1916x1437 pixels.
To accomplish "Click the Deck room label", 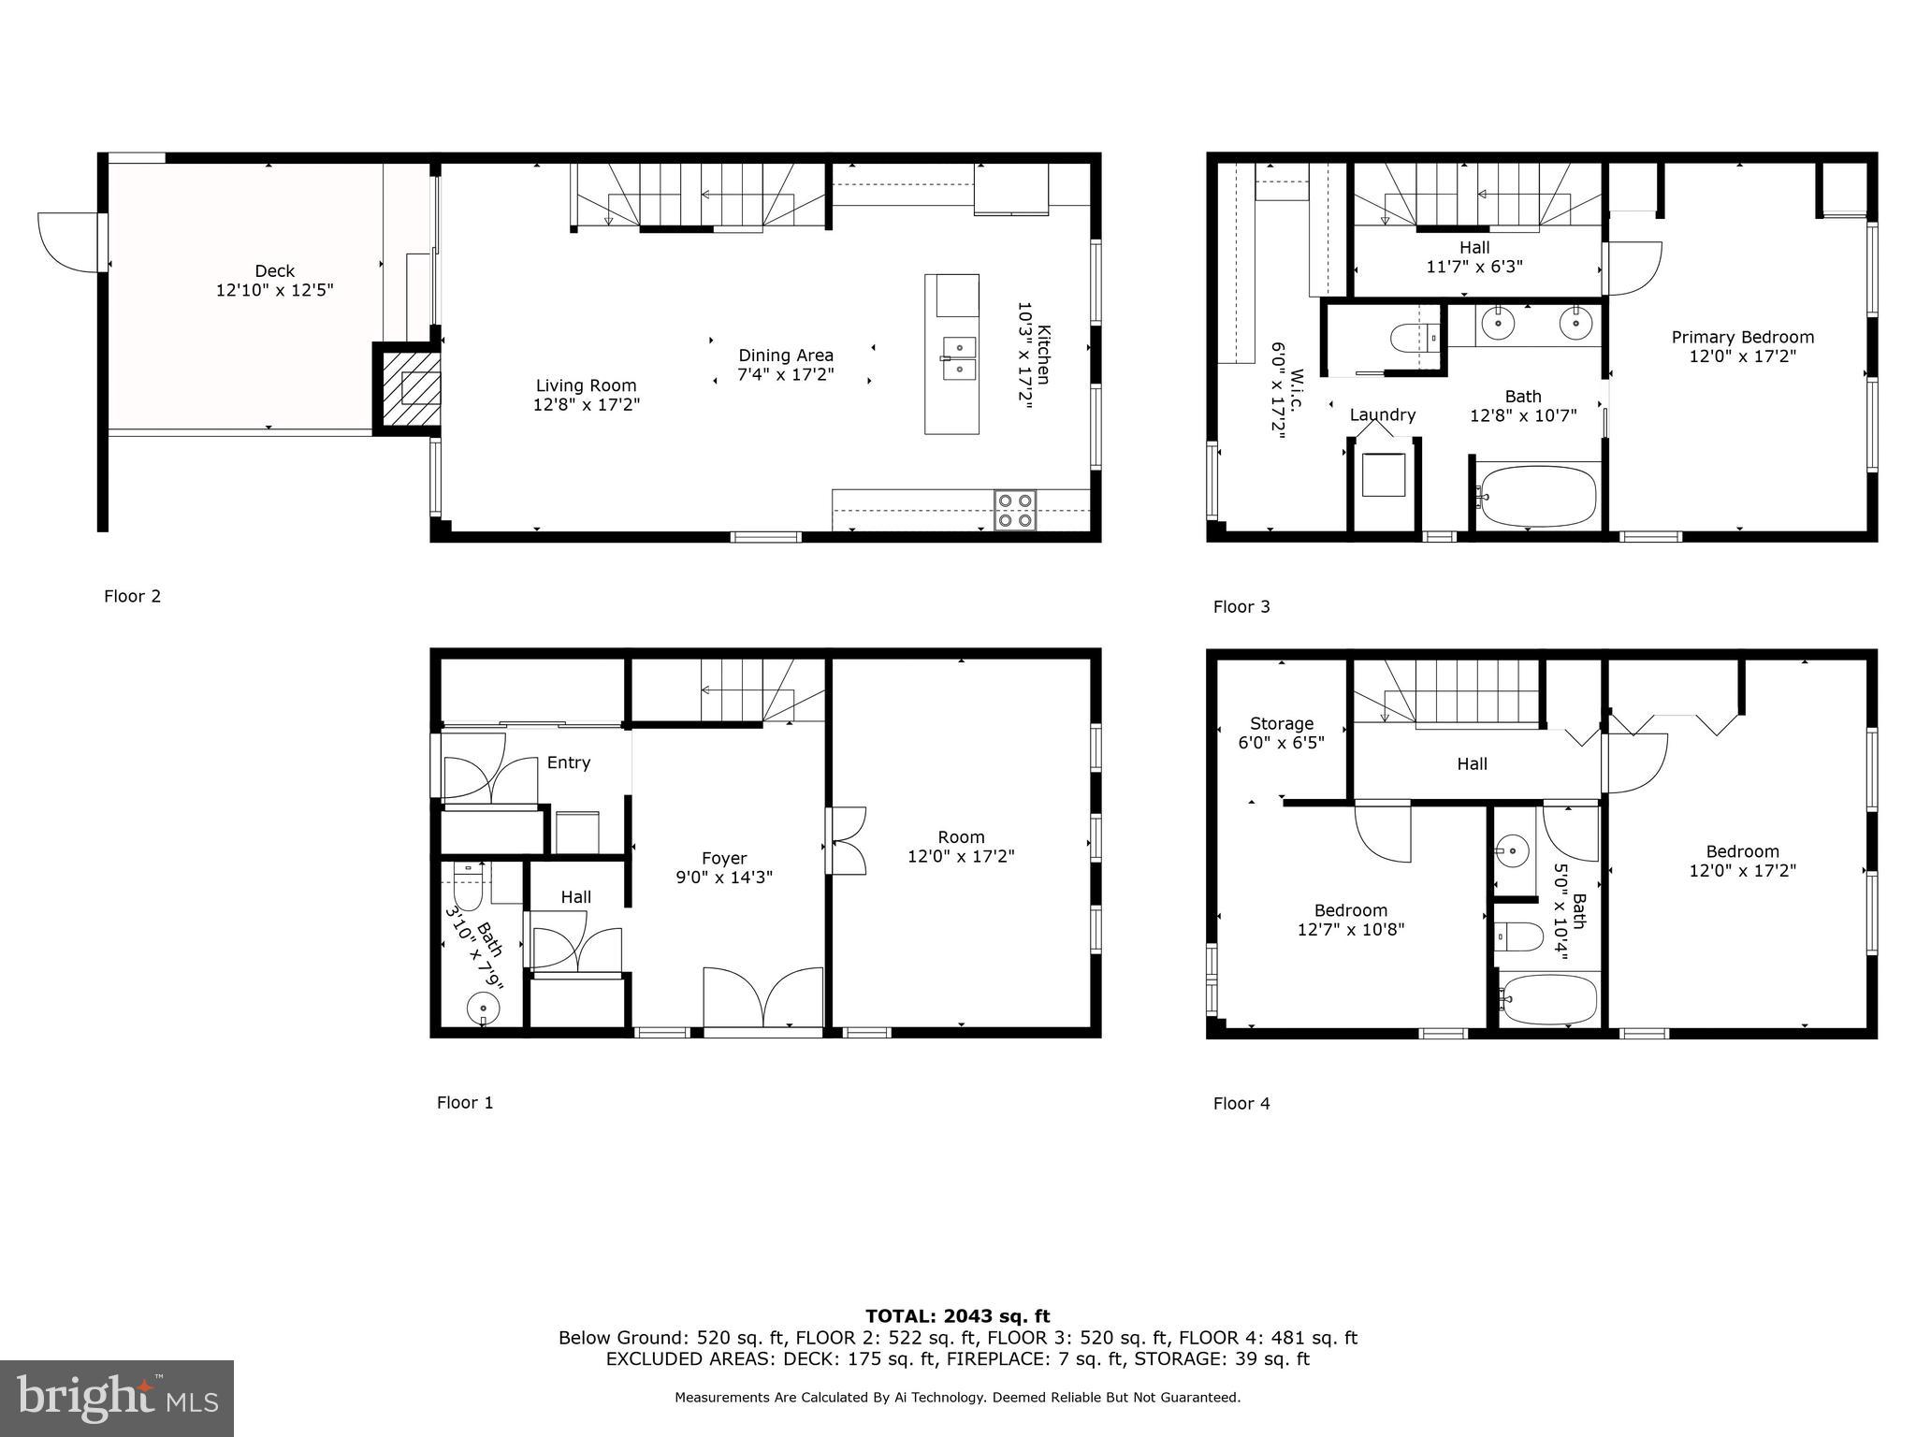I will (x=274, y=271).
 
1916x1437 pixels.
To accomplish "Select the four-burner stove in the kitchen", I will (x=1015, y=510).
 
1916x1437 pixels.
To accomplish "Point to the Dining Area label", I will (x=785, y=356).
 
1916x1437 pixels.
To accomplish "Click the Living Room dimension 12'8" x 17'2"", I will (x=586, y=404).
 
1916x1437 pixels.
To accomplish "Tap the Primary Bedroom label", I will (x=1742, y=337).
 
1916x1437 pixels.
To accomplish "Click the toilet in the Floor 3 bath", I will (x=1412, y=338).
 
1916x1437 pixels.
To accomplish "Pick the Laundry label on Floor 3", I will (x=1382, y=414).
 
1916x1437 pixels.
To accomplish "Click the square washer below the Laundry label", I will (x=1383, y=475).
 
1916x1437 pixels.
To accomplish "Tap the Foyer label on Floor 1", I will (x=724, y=858).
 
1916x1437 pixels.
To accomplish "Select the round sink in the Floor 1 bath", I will (x=483, y=1009).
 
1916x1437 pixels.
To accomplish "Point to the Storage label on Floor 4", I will (x=1281, y=723).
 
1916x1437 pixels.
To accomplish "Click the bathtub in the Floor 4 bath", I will (x=1547, y=1000).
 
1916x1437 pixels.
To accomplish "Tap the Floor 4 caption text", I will (x=1241, y=1103).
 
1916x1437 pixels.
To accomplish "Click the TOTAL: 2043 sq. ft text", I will (x=957, y=1316).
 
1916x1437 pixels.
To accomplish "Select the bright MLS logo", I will (x=117, y=1398).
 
